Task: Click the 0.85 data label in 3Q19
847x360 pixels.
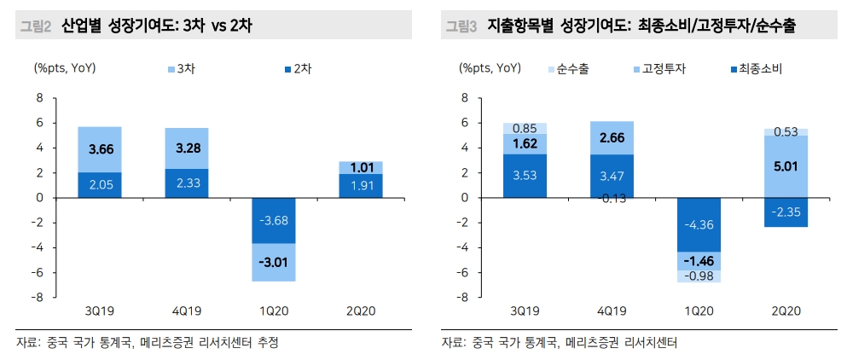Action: pos(525,129)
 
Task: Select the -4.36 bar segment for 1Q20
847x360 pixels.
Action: pos(699,224)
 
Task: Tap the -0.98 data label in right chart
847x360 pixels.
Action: pos(699,276)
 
